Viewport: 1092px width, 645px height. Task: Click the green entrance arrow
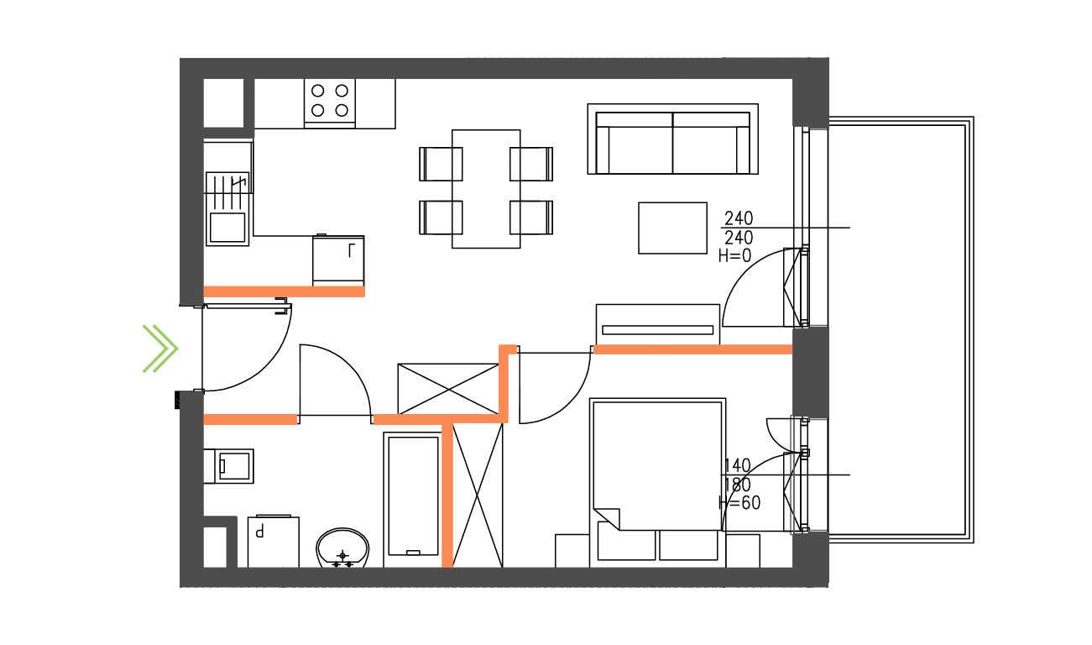point(160,348)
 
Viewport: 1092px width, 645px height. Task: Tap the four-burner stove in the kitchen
point(329,100)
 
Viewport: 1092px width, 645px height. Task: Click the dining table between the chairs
point(486,189)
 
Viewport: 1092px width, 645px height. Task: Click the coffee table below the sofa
point(672,228)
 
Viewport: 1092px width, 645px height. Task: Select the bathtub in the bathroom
point(411,498)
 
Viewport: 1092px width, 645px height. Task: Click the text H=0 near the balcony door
point(735,257)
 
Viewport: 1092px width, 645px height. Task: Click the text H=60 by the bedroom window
point(739,503)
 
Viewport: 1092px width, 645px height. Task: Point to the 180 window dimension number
point(736,485)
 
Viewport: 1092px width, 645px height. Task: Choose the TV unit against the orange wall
point(657,324)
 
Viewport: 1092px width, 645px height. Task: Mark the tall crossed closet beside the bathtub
point(478,496)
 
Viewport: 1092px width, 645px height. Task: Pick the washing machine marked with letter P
point(273,542)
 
